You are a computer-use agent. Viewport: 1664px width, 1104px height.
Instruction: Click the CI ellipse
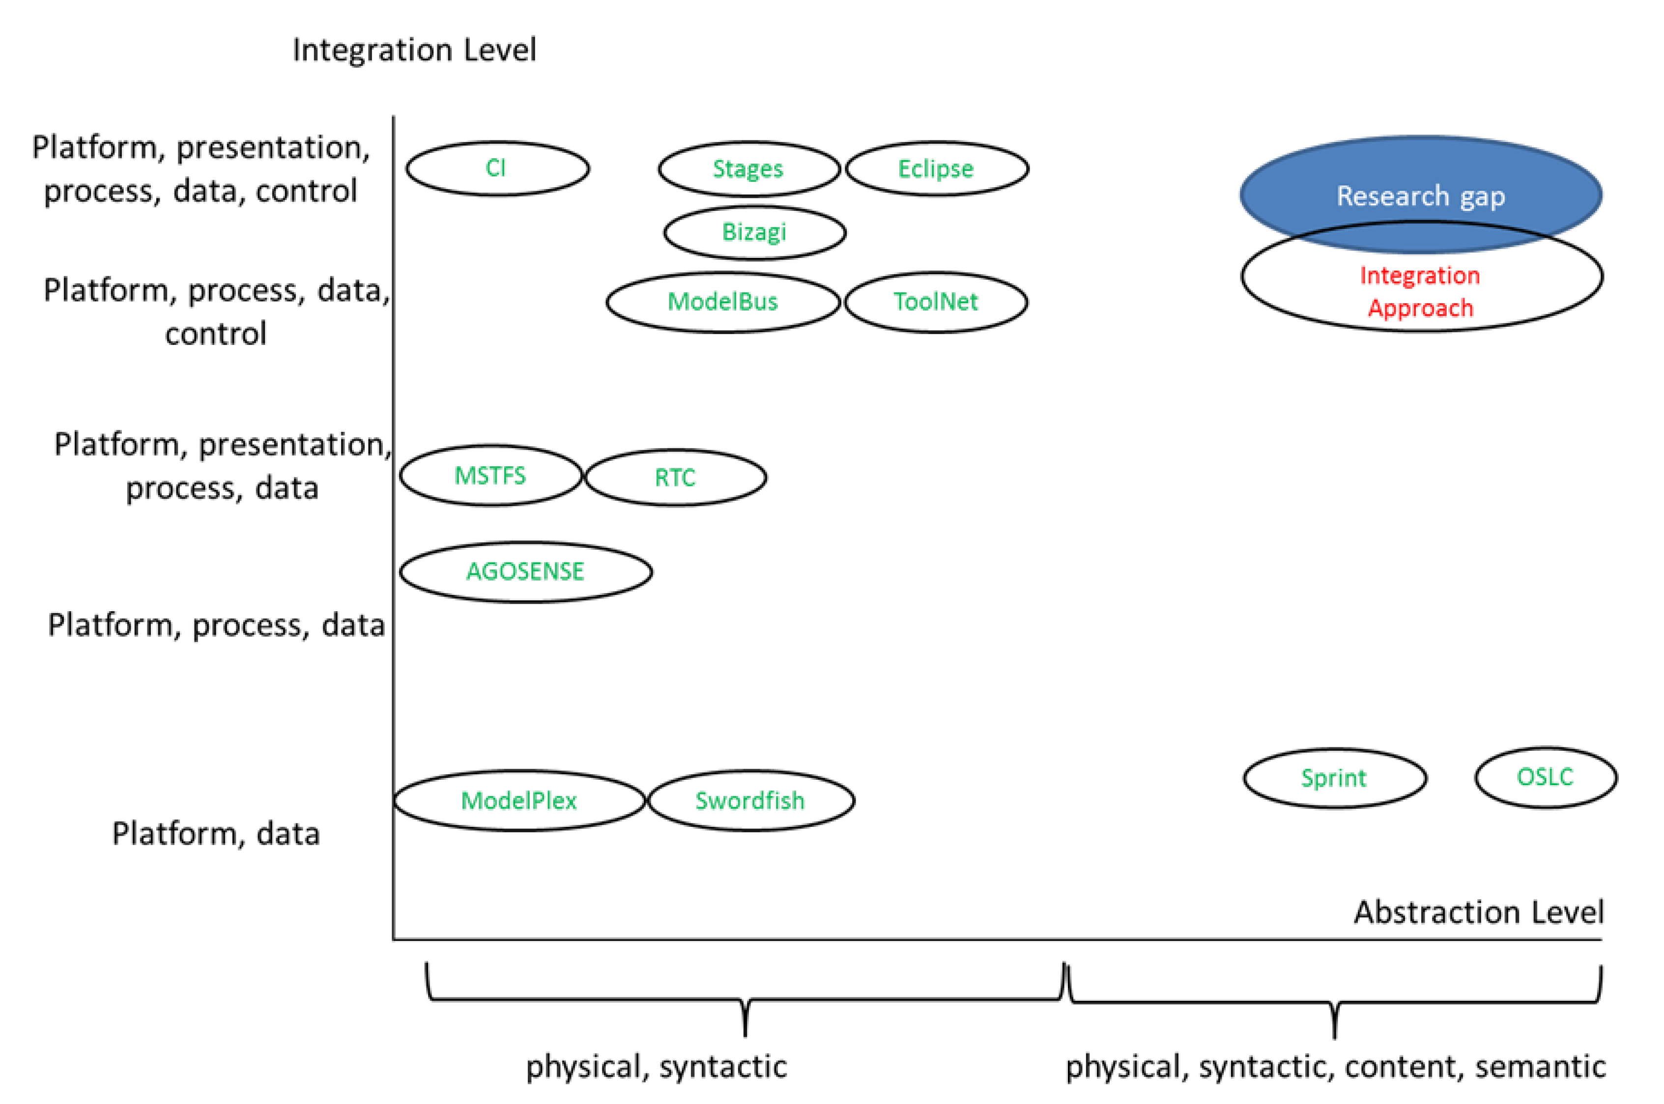point(497,168)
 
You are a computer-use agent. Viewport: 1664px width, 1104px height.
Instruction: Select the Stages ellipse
point(748,169)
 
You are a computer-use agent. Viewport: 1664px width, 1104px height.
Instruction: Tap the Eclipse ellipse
point(937,169)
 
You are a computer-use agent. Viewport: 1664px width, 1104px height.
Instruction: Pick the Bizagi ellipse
point(754,232)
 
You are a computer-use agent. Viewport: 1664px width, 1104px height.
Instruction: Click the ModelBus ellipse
point(723,302)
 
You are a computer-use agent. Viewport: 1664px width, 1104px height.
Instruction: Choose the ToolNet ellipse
point(936,302)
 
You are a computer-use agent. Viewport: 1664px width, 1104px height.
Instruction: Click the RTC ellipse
point(675,478)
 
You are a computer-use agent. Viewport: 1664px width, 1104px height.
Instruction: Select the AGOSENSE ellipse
point(525,572)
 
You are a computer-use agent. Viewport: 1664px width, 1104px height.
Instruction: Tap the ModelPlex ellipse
point(519,800)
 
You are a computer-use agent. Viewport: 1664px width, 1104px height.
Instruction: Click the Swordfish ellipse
point(750,800)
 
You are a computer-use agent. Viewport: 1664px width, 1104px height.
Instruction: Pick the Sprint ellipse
point(1334,778)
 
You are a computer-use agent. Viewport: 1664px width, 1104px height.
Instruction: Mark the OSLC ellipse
point(1546,777)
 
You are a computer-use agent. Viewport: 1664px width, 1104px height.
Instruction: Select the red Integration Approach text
point(1420,291)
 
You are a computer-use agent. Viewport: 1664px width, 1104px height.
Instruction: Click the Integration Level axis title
point(414,51)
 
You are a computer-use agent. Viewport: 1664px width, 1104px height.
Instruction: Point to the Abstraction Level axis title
point(1479,912)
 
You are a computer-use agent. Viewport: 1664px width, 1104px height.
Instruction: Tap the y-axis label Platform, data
point(216,834)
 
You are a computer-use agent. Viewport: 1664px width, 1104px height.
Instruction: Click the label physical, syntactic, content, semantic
point(1336,1067)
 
